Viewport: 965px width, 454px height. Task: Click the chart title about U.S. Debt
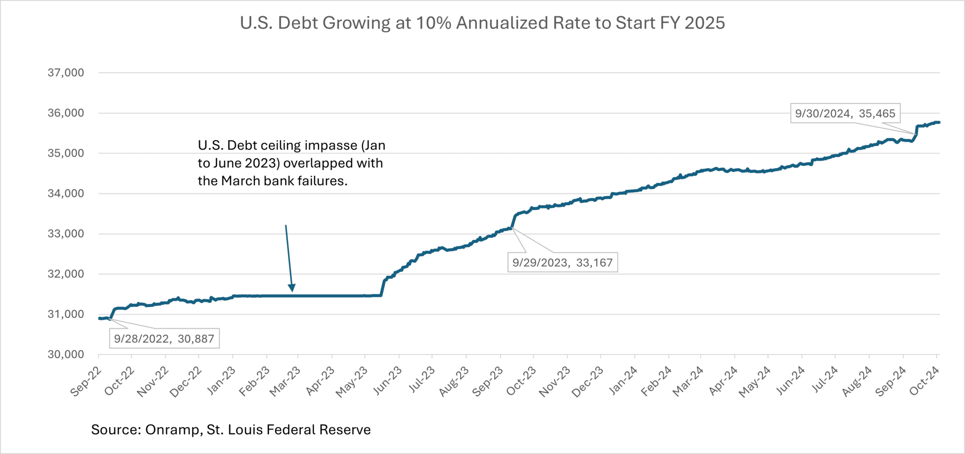[482, 23]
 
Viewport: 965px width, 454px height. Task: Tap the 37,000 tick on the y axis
[66, 73]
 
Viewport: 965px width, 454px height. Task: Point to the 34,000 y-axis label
[66, 194]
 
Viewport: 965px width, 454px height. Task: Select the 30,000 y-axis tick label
[66, 355]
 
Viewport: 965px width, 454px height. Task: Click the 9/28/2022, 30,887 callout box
[164, 339]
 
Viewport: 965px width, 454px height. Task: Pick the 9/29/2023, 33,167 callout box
[562, 262]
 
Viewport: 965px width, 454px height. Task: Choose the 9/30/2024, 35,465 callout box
[845, 113]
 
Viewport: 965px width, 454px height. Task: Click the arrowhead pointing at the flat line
[292, 288]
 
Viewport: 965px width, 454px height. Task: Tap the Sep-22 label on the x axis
[86, 381]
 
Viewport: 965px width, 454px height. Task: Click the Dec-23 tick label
[588, 381]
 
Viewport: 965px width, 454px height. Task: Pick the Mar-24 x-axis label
[688, 381]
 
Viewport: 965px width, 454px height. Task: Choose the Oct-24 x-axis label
[924, 381]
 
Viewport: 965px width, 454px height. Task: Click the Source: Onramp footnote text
[231, 430]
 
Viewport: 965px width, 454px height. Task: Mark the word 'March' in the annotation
[240, 181]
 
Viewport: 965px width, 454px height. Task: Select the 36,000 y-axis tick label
[66, 113]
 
